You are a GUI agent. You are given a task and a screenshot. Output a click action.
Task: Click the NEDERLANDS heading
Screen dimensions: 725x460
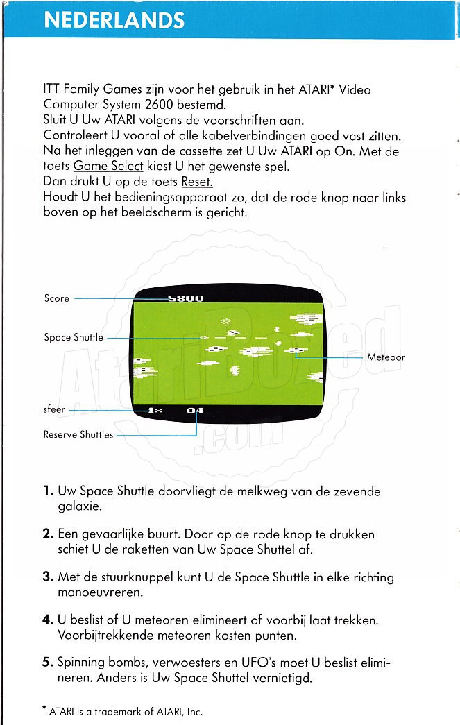[x=114, y=20]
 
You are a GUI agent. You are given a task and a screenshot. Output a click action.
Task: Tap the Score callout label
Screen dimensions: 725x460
[x=56, y=298]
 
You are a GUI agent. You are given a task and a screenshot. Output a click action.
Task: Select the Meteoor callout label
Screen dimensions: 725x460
[x=386, y=357]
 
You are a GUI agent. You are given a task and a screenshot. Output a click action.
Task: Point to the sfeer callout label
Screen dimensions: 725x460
[x=54, y=409]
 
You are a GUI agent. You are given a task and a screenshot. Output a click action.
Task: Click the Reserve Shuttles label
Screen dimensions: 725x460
[x=78, y=435]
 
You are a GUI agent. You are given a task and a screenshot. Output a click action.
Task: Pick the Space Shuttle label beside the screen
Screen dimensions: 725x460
[x=74, y=338]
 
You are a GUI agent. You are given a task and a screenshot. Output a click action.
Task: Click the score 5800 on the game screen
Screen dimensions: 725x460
[x=186, y=298]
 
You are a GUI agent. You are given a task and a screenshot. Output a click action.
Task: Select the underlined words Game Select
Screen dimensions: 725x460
[x=108, y=167]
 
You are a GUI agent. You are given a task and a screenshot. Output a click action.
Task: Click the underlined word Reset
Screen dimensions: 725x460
[x=197, y=182]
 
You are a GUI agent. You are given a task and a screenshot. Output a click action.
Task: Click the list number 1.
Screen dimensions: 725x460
[x=47, y=492]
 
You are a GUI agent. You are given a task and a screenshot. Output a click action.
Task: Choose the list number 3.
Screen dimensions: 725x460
[x=47, y=577]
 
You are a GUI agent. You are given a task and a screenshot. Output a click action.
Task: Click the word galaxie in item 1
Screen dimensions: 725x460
[x=80, y=506]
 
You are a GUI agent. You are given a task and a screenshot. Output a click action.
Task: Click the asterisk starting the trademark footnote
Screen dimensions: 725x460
[x=44, y=709]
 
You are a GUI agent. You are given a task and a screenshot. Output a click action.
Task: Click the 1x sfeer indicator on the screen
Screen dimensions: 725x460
[x=155, y=411]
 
